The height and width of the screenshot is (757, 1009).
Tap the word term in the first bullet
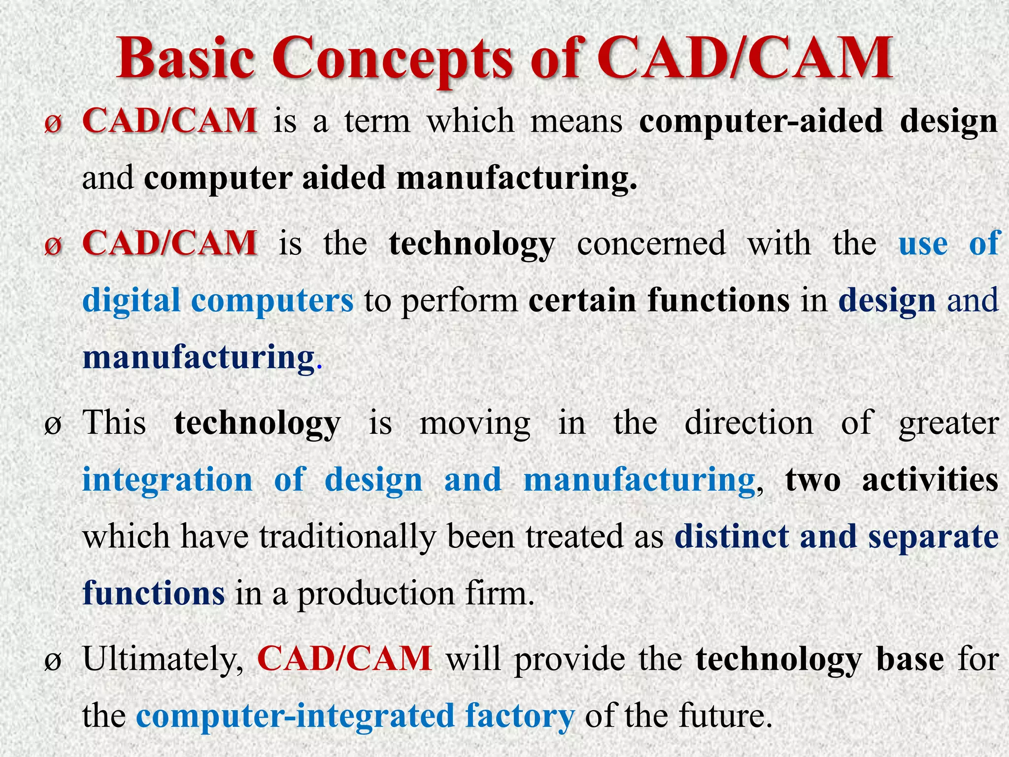[377, 121]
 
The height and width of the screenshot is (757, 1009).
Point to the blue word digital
[131, 301]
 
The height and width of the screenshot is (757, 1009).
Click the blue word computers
[272, 301]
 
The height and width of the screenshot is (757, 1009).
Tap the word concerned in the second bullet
[651, 243]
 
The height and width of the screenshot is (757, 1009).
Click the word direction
[749, 423]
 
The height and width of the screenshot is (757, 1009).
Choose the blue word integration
[167, 480]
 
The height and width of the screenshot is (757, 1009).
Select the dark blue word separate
[933, 537]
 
